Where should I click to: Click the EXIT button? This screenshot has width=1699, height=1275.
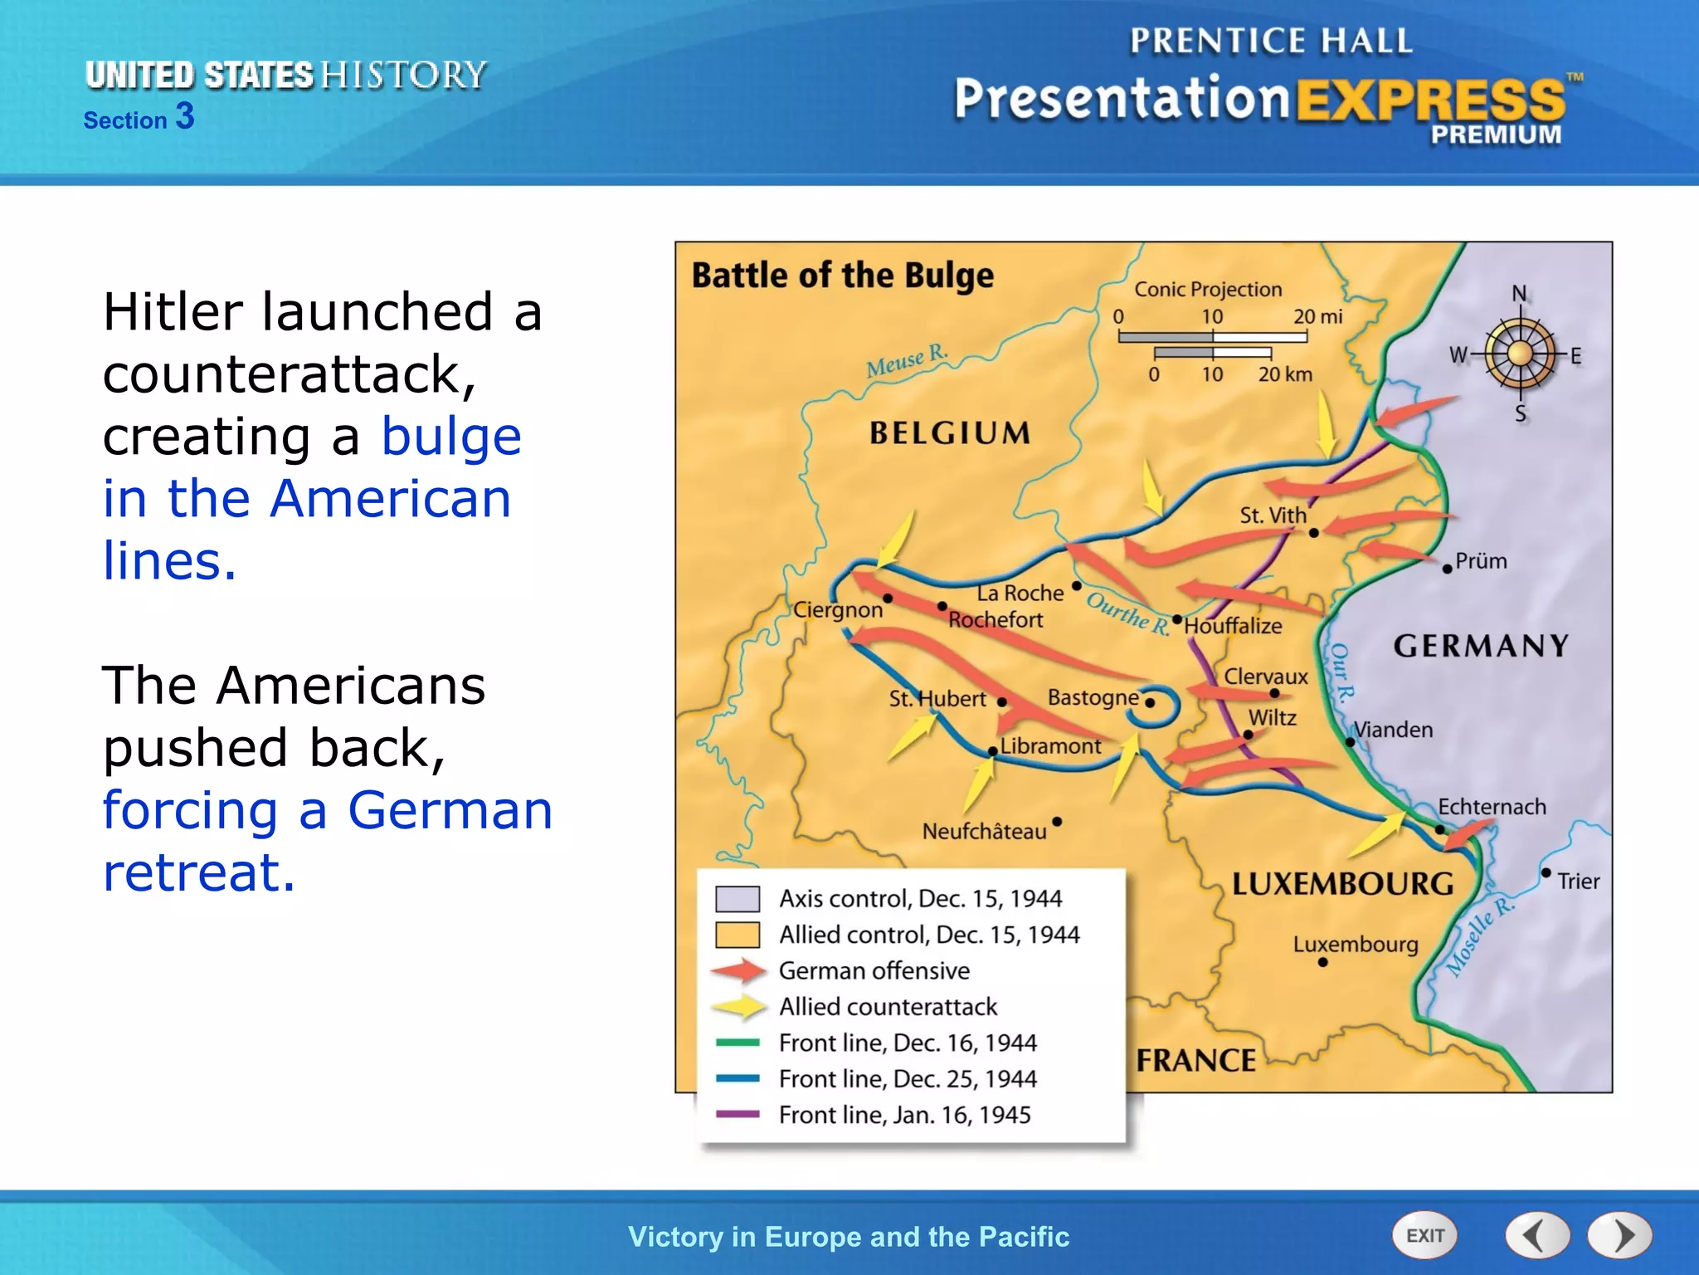pos(1424,1235)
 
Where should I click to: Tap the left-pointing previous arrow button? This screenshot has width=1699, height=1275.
pos(1536,1235)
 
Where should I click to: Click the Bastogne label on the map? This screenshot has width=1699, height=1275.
pos(1093,697)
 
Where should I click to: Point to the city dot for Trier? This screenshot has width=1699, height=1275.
pos(1546,872)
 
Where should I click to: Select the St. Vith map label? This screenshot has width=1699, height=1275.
pos(1273,515)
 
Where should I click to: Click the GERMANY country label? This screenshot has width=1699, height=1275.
pos(1481,646)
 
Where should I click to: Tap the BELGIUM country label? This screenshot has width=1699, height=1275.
pos(950,432)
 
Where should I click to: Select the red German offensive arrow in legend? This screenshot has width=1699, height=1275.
pos(738,970)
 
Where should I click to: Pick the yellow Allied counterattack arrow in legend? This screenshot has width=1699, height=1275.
pos(738,1007)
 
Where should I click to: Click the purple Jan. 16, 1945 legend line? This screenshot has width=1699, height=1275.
pos(738,1114)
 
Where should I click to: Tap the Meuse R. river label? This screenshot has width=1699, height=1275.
pos(906,360)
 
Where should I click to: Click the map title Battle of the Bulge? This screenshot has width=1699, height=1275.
pos(842,276)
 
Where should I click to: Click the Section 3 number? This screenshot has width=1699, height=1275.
pos(185,116)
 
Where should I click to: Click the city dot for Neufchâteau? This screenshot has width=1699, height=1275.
pos(1057,822)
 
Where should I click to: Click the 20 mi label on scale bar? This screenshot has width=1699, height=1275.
pos(1317,316)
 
